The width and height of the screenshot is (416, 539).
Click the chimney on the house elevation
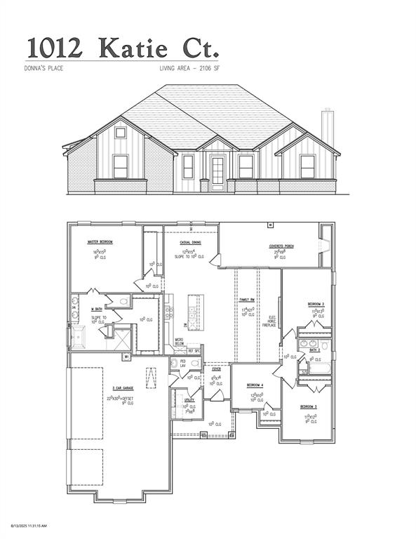326,126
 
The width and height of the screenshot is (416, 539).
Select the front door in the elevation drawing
217,171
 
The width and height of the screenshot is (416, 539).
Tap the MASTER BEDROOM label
100,241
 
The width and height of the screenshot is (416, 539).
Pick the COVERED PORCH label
281,246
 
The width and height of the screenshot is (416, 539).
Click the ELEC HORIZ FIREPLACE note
270,321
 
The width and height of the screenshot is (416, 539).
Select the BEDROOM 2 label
316,304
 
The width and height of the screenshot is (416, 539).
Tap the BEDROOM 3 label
309,407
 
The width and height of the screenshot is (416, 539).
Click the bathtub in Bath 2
316,368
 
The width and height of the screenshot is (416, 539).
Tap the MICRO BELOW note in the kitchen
180,342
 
